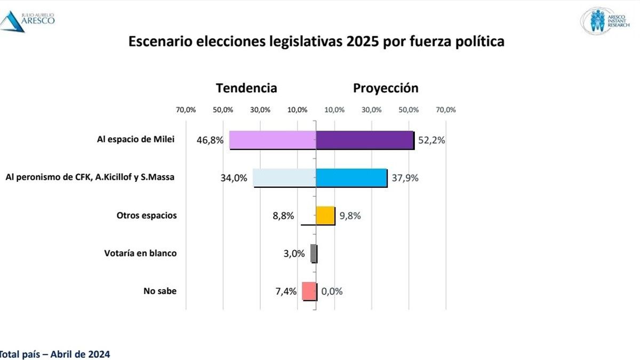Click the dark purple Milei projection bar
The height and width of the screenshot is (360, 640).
[365, 140]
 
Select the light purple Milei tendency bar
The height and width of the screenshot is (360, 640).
[273, 140]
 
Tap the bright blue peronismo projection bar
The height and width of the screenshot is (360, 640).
[351, 178]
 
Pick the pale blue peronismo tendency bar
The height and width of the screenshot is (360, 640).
[284, 178]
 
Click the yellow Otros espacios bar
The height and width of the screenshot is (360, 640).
[325, 215]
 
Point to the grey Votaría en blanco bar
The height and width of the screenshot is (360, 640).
[314, 253]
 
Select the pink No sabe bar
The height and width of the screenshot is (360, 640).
[309, 291]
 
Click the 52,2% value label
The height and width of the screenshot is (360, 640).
[431, 141]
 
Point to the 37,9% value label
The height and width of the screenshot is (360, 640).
[405, 178]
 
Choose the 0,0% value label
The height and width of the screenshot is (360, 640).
[332, 291]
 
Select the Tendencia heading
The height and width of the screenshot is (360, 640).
[246, 88]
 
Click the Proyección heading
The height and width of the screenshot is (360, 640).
[386, 88]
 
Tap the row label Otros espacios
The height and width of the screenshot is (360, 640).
[147, 215]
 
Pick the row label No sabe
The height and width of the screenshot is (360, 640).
[159, 291]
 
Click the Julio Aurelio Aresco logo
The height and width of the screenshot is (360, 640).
[27, 20]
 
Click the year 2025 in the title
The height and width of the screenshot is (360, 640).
[362, 42]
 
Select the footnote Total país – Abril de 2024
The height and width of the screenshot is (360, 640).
[54, 354]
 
